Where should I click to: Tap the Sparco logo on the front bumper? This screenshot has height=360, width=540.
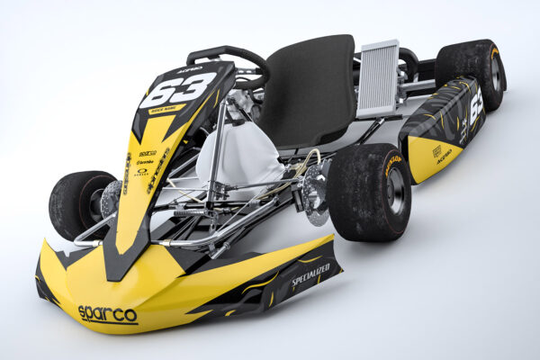click(107, 314)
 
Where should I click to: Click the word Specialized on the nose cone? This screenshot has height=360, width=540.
click(310, 276)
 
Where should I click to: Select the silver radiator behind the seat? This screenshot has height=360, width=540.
click(378, 78)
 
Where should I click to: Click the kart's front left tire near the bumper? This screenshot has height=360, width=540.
click(79, 203)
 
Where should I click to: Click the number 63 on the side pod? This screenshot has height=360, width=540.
click(475, 107)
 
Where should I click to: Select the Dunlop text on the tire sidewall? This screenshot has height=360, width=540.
click(392, 164)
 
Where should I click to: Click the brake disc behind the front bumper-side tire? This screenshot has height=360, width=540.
click(112, 198)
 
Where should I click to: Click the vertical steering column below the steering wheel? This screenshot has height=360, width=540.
click(216, 162)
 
